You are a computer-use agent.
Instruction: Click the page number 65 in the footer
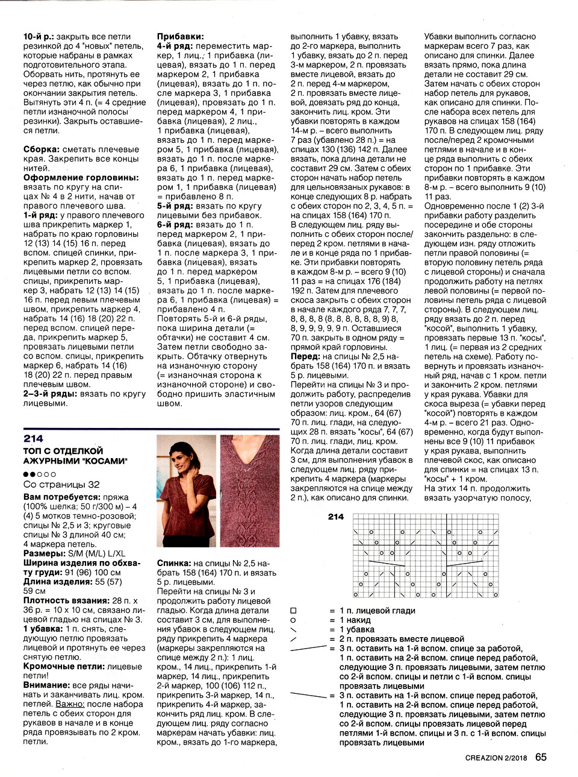pyautogui.click(x=541, y=757)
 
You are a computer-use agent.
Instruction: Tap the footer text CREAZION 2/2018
pyautogui.click(x=497, y=758)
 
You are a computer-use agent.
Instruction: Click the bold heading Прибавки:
pyautogui.click(x=180, y=37)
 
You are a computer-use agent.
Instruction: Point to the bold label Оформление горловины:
pyautogui.click(x=81, y=178)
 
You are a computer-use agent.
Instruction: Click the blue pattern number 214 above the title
pyautogui.click(x=33, y=438)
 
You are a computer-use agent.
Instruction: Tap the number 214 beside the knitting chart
pyautogui.click(x=336, y=517)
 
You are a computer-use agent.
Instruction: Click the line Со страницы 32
pyautogui.click(x=61, y=485)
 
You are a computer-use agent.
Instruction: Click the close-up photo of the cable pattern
pyautogui.click(x=249, y=490)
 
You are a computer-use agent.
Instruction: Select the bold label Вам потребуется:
pyautogui.click(x=62, y=497)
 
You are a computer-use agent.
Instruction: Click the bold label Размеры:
pyautogui.click(x=45, y=553)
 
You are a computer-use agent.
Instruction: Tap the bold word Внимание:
pyautogui.click(x=46, y=685)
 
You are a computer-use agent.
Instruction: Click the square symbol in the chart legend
pyautogui.click(x=293, y=611)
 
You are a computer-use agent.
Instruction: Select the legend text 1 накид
pyautogui.click(x=355, y=620)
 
